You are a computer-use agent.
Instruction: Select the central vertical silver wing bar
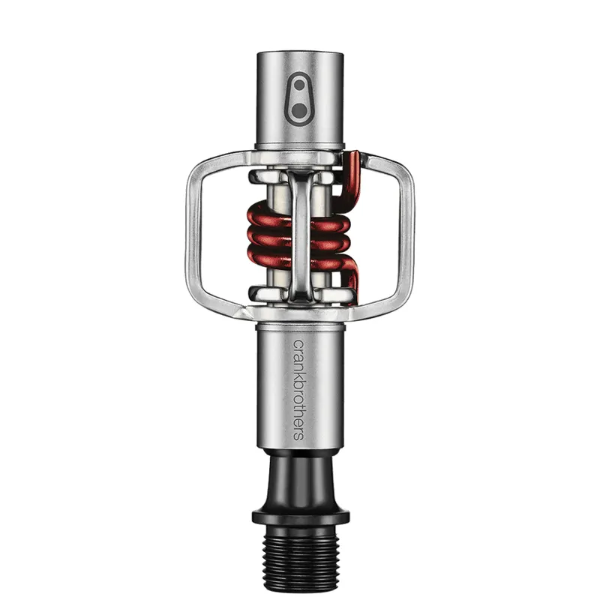(300, 232)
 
